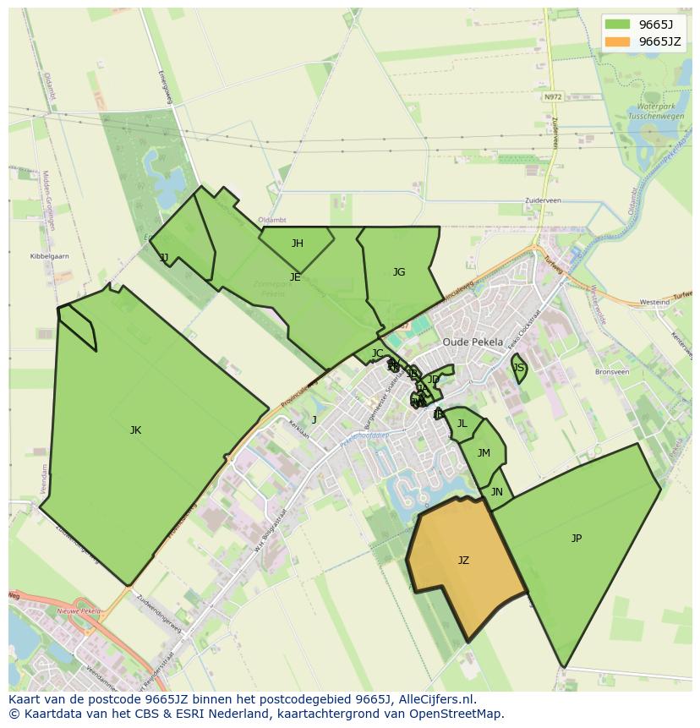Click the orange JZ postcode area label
click(x=463, y=561)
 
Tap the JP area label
click(x=577, y=539)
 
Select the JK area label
click(x=135, y=430)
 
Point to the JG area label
click(x=399, y=272)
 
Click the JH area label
click(x=298, y=244)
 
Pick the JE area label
click(x=295, y=277)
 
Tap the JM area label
click(x=484, y=453)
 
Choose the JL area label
click(x=462, y=424)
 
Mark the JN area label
click(x=497, y=492)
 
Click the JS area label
click(x=519, y=368)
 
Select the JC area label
click(x=377, y=353)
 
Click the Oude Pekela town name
click(x=473, y=342)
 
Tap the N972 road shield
click(x=553, y=97)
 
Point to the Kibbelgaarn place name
click(x=49, y=256)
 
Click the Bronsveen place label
click(x=612, y=372)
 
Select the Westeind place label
click(x=654, y=302)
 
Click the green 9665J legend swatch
click(x=617, y=25)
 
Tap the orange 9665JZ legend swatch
click(x=617, y=41)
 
